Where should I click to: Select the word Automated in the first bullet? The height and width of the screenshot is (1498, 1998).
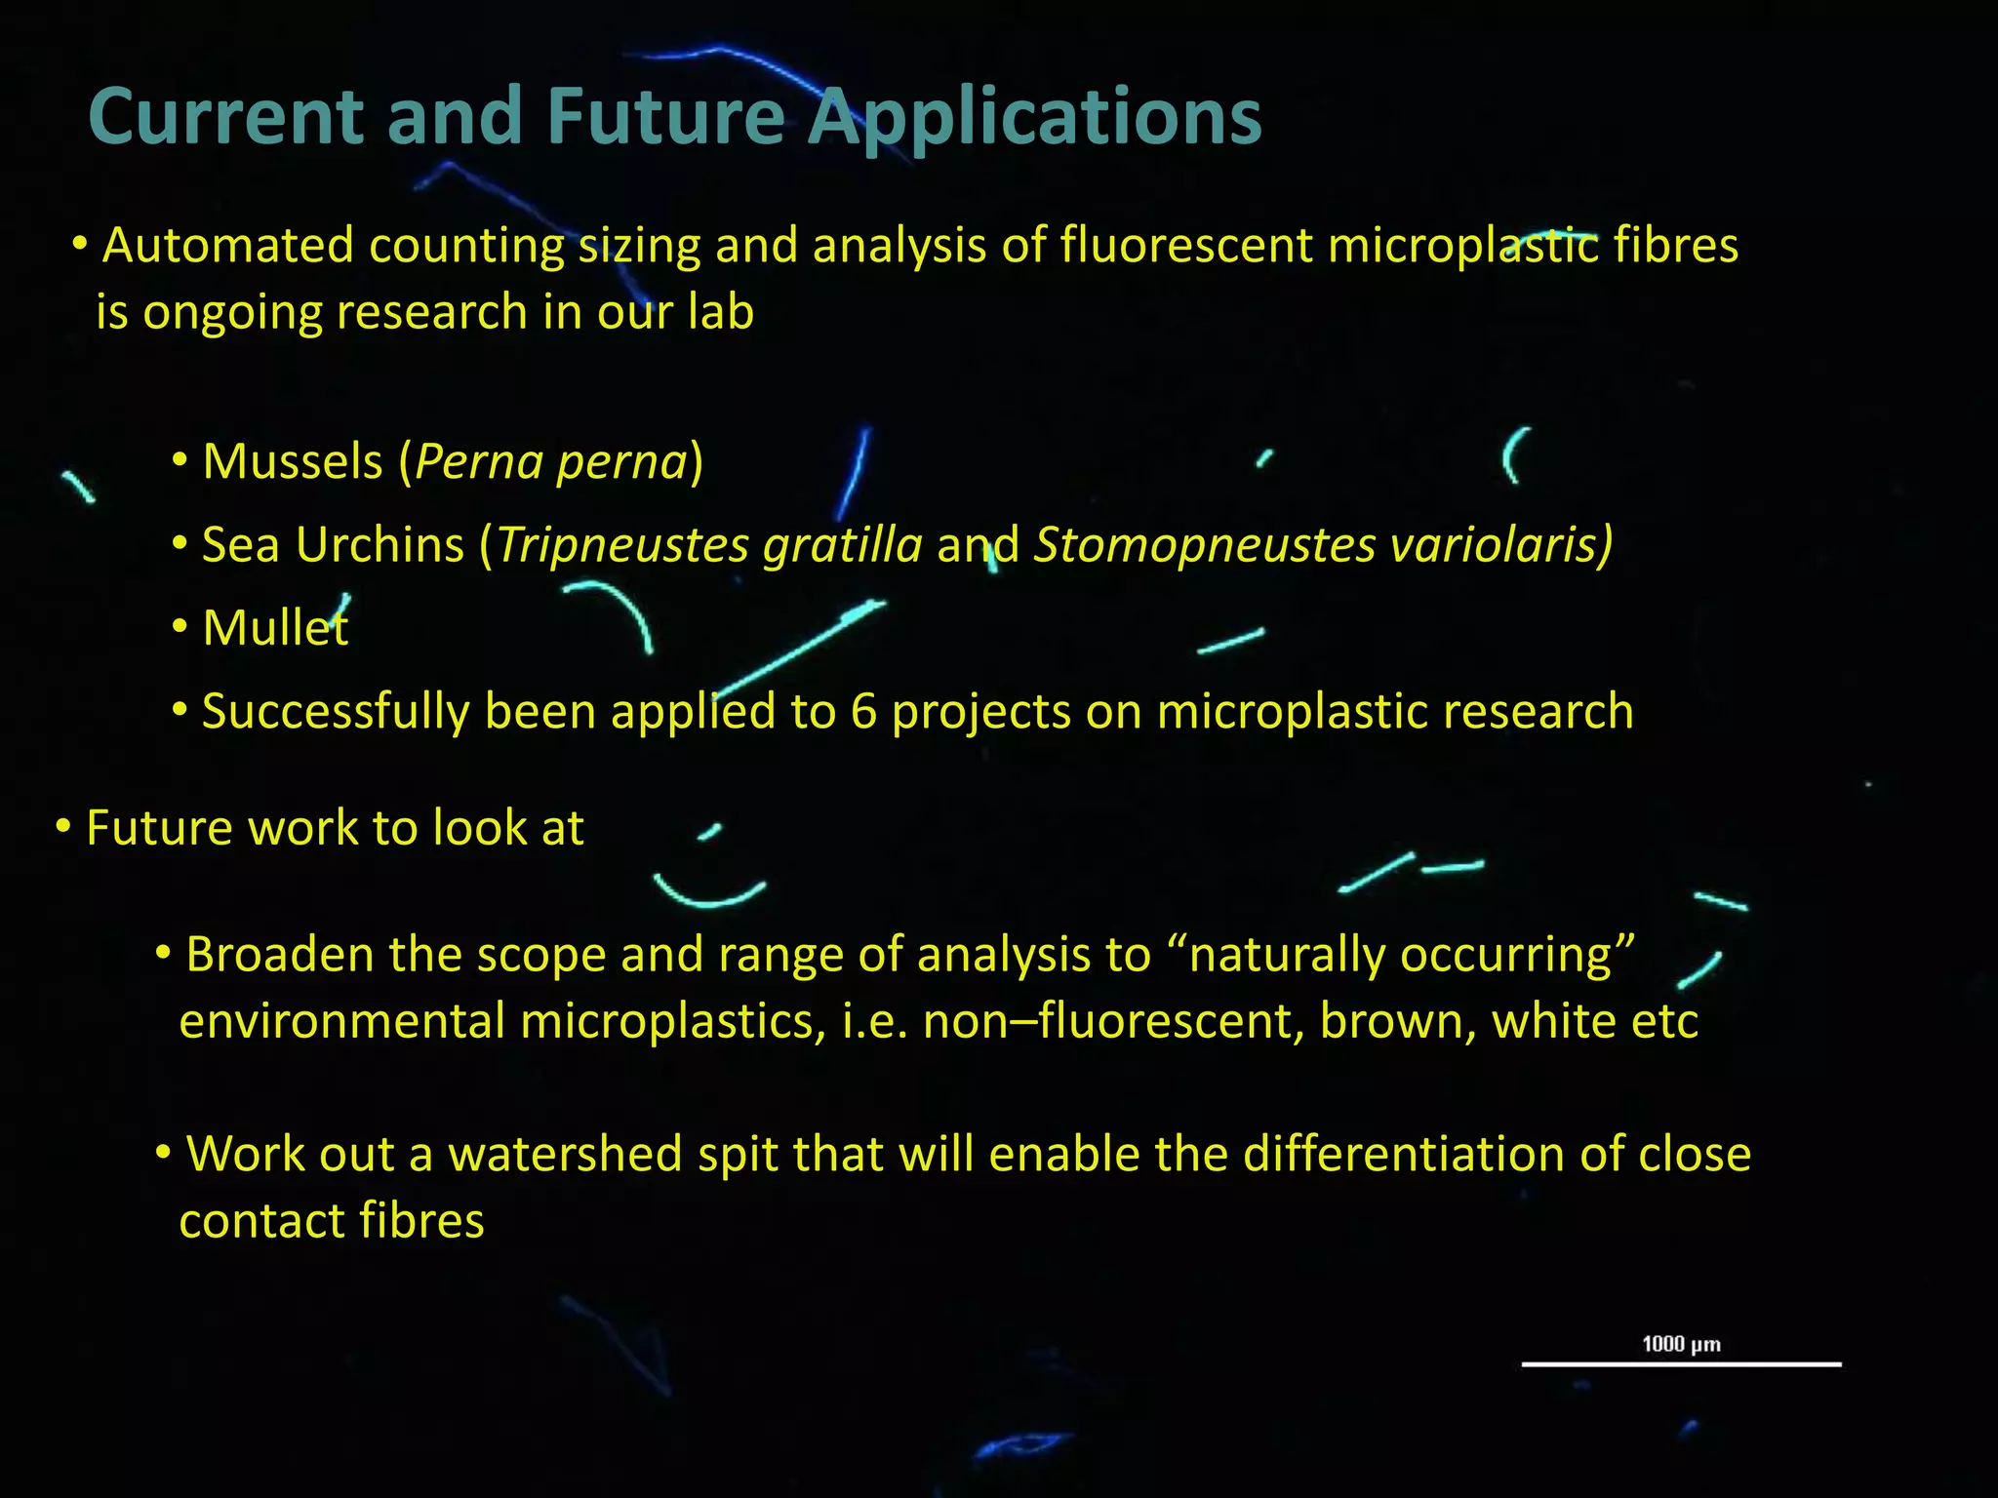228,245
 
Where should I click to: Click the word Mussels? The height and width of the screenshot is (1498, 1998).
293,461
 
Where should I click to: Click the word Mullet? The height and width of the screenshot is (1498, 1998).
275,628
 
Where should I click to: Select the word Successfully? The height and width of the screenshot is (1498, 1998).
336,712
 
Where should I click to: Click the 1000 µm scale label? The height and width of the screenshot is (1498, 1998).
1681,1345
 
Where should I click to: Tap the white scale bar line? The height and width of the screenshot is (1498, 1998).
1681,1364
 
